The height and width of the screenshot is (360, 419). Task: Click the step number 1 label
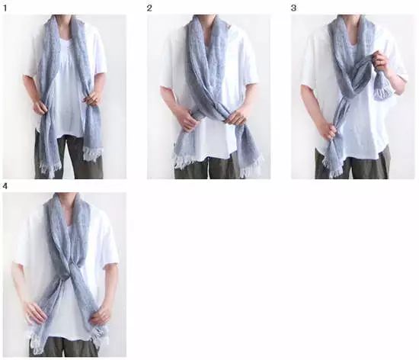[5, 8]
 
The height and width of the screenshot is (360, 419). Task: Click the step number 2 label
[149, 8]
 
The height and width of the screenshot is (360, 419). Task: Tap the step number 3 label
[293, 8]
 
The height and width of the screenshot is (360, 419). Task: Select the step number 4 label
[5, 186]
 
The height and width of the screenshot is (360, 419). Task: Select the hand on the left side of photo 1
[40, 108]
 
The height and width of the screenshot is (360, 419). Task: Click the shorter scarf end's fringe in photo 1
[93, 154]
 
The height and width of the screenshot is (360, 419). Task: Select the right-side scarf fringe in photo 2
[249, 167]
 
